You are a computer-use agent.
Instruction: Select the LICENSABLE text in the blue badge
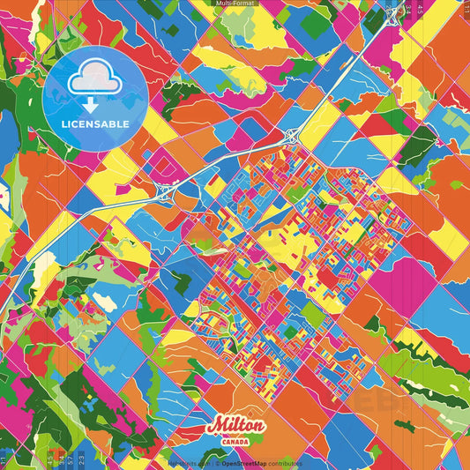[x=94, y=124]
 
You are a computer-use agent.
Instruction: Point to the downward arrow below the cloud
[x=94, y=104]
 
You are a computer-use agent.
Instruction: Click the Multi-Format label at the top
[x=235, y=4]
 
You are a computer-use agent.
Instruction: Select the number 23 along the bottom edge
[x=81, y=460]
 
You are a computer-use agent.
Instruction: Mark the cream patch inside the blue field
[x=105, y=302]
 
